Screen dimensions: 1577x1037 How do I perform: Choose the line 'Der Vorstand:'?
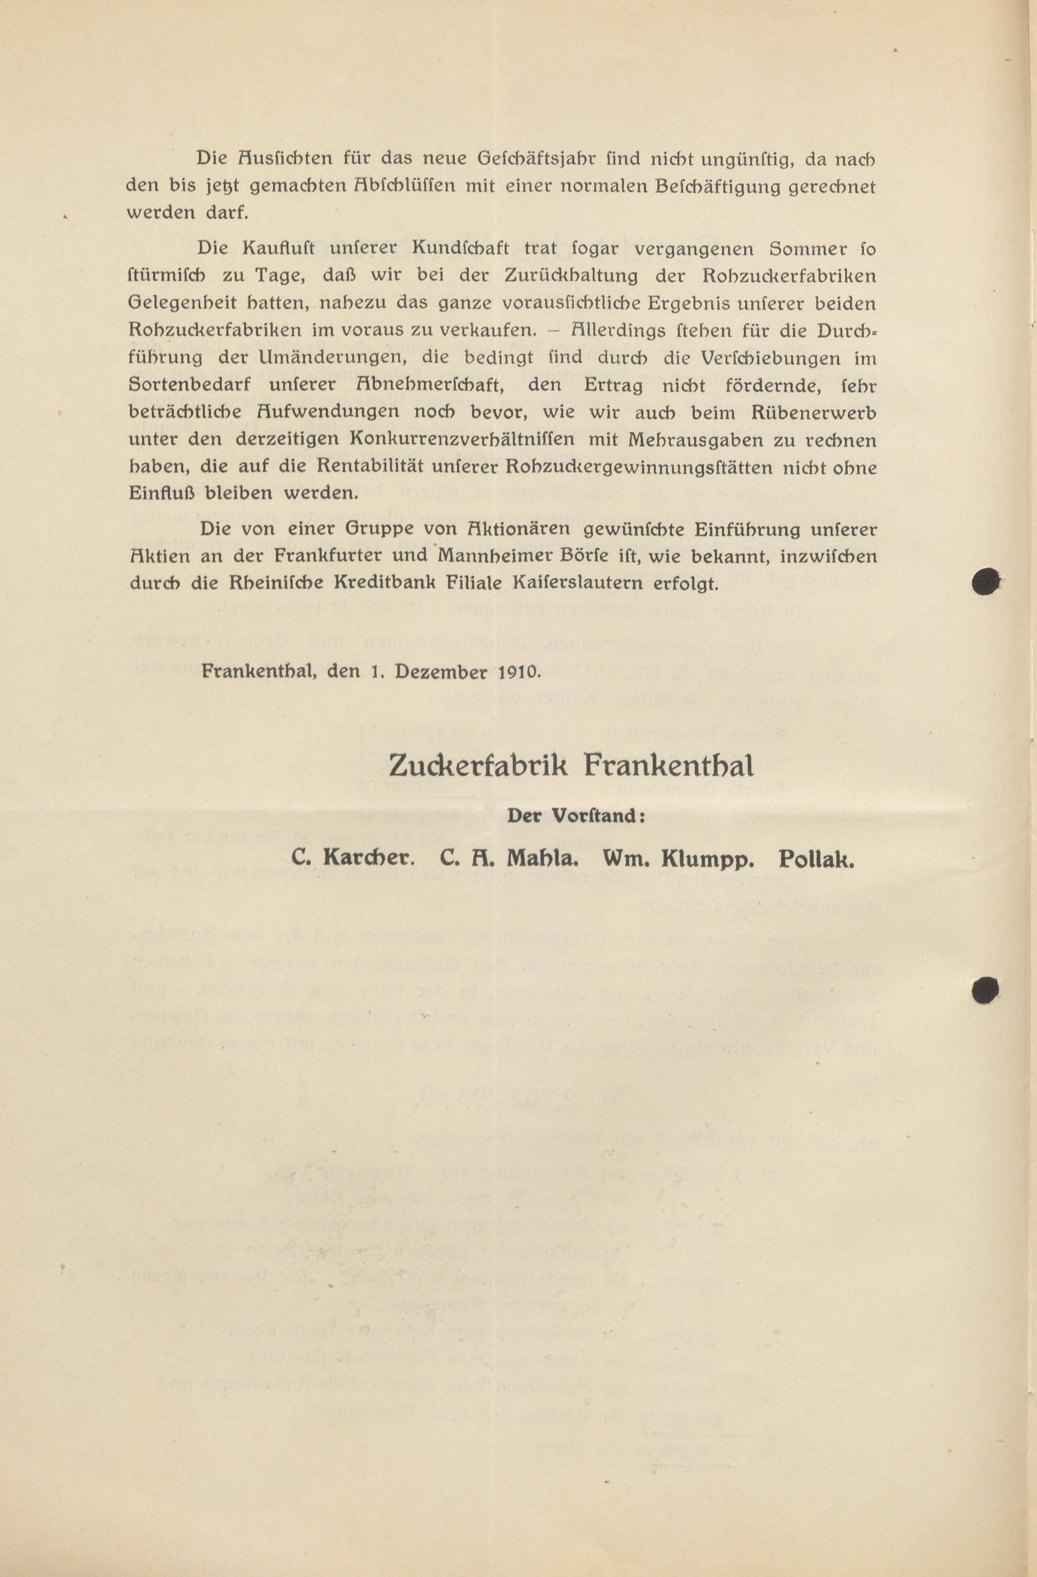coord(576,816)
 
